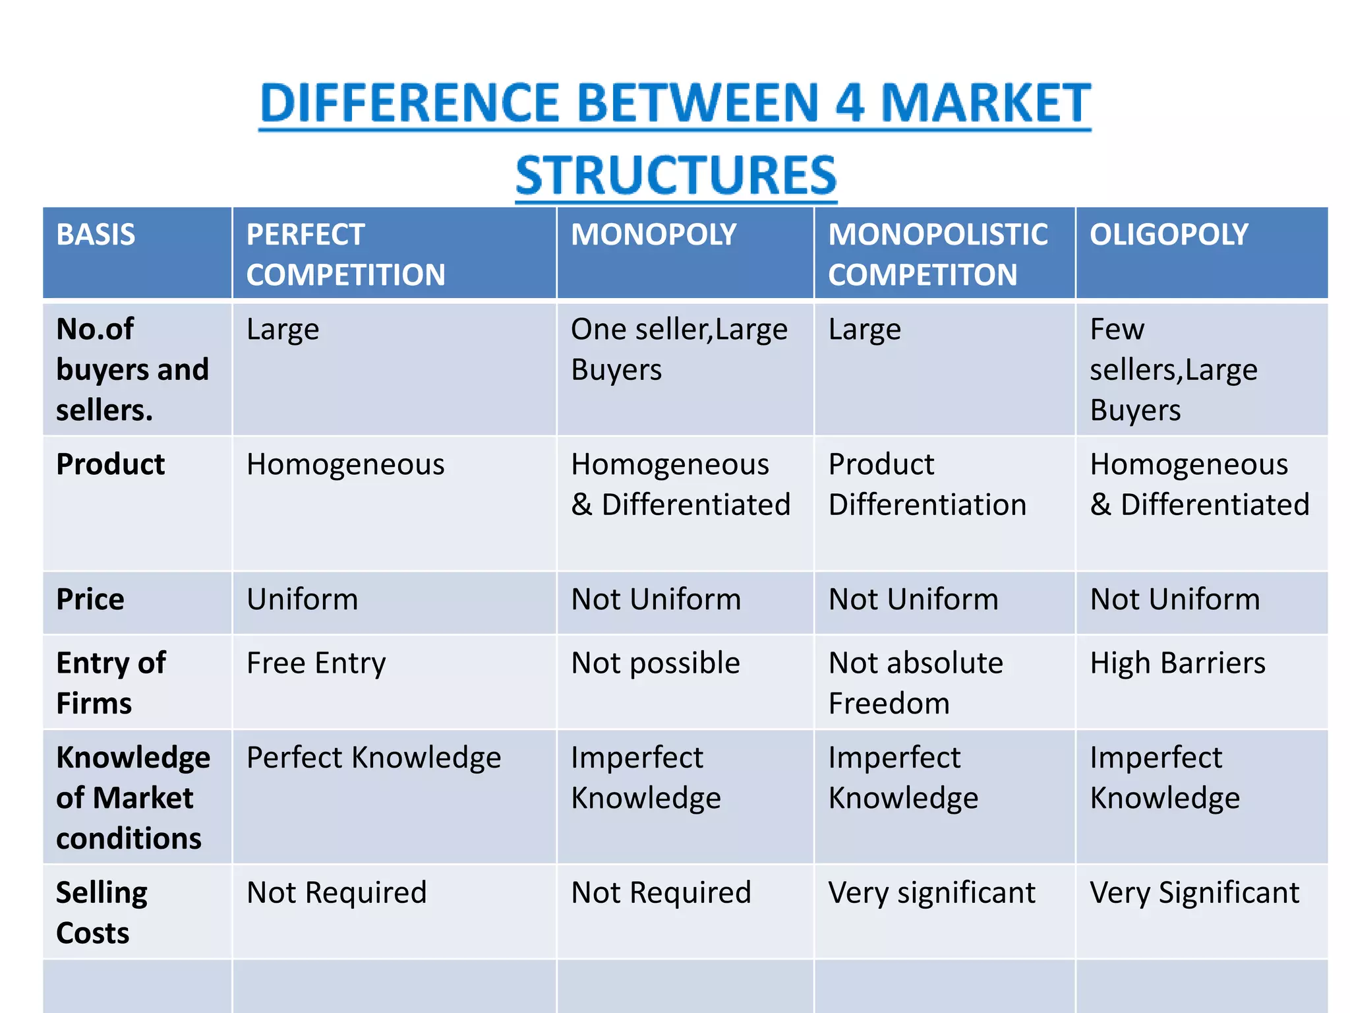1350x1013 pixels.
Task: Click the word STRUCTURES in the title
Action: point(676,175)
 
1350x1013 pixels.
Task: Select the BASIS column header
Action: point(96,235)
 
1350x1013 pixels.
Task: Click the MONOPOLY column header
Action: point(653,235)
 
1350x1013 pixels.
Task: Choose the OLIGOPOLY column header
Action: point(1169,235)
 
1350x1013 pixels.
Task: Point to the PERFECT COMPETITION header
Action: point(345,255)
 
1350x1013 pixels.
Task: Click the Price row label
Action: point(90,599)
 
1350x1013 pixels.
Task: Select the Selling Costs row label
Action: point(102,912)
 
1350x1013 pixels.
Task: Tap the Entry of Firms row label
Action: point(111,683)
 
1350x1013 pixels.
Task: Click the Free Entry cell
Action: point(316,663)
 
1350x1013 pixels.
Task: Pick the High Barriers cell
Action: point(1177,663)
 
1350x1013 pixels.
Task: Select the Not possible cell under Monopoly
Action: point(655,663)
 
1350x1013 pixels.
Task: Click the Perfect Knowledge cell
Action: point(373,758)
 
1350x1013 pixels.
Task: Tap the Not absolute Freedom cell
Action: point(916,683)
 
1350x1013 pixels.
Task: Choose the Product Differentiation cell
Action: point(927,485)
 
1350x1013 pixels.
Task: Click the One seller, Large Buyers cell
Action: point(679,349)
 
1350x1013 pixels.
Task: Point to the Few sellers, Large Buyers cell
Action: point(1173,369)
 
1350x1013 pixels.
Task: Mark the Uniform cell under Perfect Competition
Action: point(302,599)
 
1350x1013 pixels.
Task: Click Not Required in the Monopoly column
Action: point(660,893)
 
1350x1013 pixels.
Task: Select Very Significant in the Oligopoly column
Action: point(1194,893)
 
